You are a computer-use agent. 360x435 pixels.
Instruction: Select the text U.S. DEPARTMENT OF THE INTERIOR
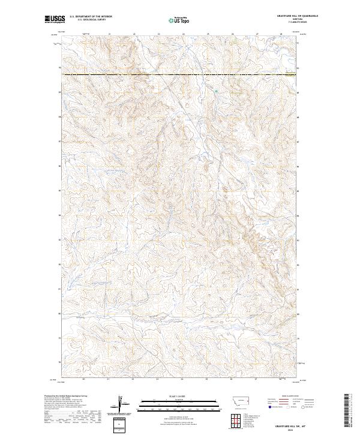coord(91,17)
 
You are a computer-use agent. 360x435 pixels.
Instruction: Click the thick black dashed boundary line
coord(180,74)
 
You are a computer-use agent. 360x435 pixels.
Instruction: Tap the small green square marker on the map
coord(216,91)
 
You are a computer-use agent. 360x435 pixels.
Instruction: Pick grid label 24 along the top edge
coord(182,35)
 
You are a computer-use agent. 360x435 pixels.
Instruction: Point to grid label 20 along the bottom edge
coord(83,379)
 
